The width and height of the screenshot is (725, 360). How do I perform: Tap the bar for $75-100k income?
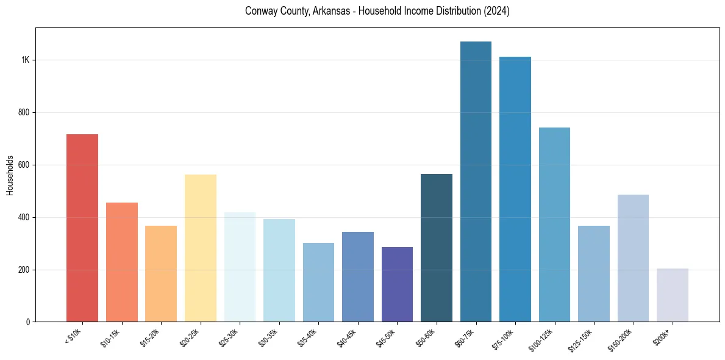click(515, 189)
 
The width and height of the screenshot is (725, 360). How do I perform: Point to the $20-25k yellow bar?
click(200, 248)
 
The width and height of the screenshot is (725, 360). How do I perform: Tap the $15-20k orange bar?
click(161, 273)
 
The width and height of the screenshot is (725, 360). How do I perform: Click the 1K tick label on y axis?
click(25, 60)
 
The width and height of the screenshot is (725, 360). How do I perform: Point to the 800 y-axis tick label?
click(24, 113)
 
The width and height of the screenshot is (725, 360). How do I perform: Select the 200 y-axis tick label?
click(24, 270)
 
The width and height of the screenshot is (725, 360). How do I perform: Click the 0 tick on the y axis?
click(28, 322)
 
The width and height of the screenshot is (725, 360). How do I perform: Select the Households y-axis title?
click(10, 175)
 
